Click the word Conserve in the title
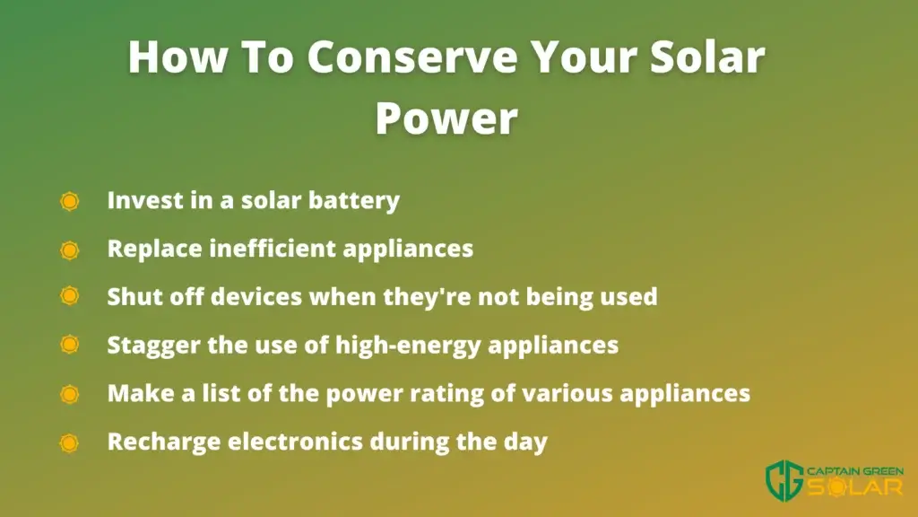412,57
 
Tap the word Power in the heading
446,118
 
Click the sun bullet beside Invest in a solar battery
69,201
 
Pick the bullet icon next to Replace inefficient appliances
69,250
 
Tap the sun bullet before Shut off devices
69,296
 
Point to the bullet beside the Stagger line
69,344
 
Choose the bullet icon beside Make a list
69,394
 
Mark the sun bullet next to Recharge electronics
69,443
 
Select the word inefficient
272,248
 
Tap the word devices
255,296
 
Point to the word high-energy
408,346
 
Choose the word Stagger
153,346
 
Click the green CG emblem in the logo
784,481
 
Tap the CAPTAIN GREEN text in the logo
854,471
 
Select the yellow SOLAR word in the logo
855,487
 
